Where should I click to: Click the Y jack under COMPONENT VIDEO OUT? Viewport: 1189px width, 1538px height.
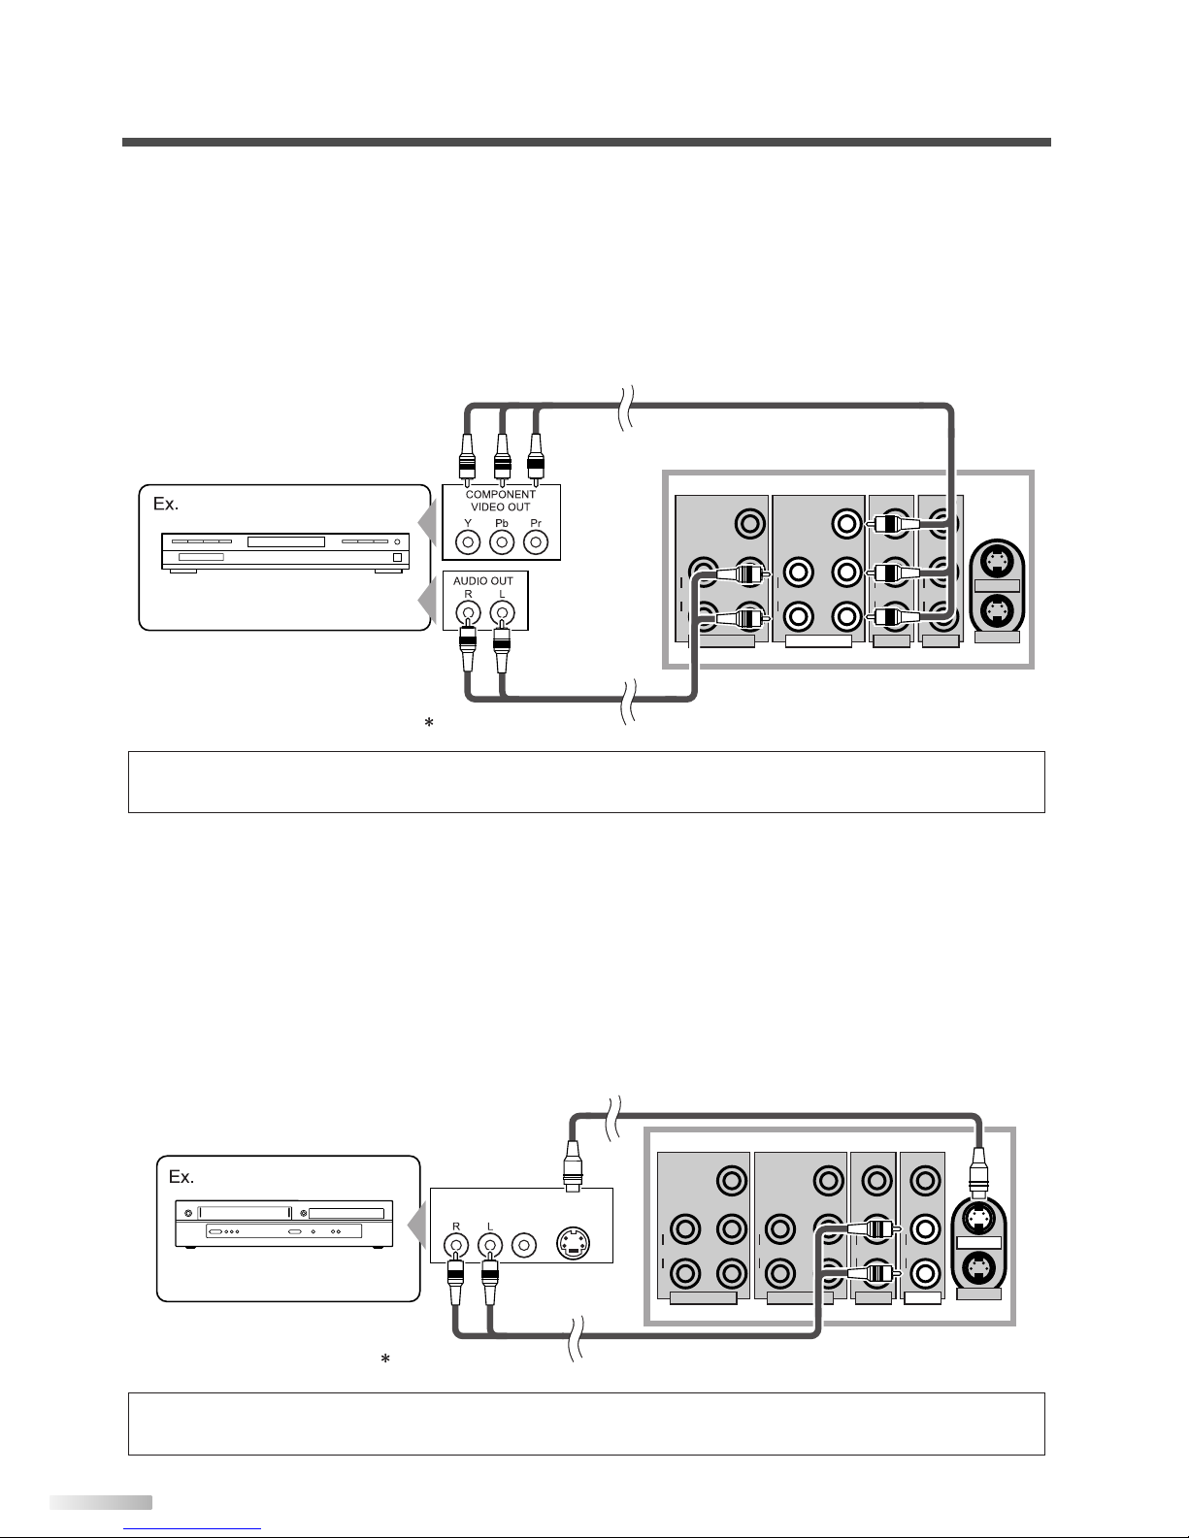pyautogui.click(x=469, y=541)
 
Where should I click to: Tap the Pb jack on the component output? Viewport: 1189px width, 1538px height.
pyautogui.click(x=502, y=541)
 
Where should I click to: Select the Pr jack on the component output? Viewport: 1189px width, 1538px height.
pyautogui.click(x=535, y=541)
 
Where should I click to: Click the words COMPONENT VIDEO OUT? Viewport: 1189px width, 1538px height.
pyautogui.click(x=501, y=501)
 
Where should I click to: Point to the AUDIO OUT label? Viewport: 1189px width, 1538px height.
pyautogui.click(x=483, y=580)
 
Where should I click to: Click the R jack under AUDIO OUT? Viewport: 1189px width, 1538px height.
pyautogui.click(x=469, y=612)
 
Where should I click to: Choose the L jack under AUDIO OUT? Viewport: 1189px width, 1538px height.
pyautogui.click(x=502, y=612)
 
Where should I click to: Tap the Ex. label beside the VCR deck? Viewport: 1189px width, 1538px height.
pyautogui.click(x=182, y=1177)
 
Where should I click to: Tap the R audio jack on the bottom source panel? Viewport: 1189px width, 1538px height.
pyautogui.click(x=453, y=1243)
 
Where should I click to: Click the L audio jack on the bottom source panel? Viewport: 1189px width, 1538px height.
pyautogui.click(x=488, y=1243)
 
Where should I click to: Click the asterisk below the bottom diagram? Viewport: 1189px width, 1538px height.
pyautogui.click(x=385, y=1360)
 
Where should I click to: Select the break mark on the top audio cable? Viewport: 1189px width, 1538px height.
pyautogui.click(x=628, y=700)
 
